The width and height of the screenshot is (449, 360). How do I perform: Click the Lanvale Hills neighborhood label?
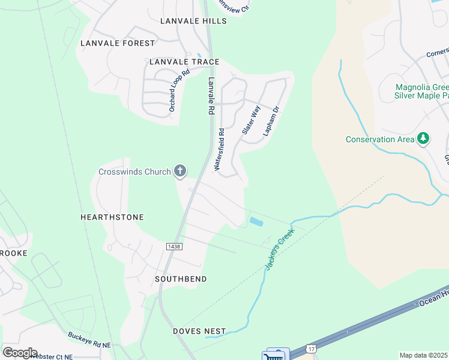(x=193, y=21)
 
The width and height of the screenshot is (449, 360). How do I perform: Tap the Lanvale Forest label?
(x=118, y=43)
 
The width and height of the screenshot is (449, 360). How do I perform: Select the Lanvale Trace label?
(x=184, y=62)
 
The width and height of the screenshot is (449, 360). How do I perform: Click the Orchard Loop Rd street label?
(x=179, y=90)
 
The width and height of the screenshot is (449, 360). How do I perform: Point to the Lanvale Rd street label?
(x=211, y=95)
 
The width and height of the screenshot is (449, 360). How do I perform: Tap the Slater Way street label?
(x=251, y=119)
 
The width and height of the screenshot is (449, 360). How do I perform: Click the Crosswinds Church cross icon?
(x=179, y=172)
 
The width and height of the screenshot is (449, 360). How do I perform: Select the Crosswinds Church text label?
(x=134, y=172)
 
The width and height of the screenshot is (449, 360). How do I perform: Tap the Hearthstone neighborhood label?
(x=112, y=217)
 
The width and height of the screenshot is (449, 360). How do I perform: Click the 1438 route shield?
(x=174, y=247)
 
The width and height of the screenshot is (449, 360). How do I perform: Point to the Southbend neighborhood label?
(x=181, y=280)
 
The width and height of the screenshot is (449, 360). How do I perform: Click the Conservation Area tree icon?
(x=424, y=139)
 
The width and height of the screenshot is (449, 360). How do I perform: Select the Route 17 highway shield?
(x=310, y=349)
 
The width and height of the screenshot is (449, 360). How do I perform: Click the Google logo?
(x=20, y=352)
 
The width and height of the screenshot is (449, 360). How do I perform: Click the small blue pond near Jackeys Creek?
(x=255, y=222)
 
